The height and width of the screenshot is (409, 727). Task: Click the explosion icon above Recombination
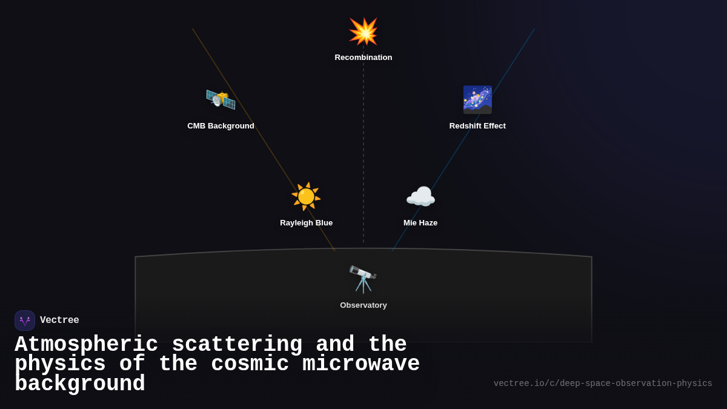point(363,32)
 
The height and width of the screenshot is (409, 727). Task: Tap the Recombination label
point(363,58)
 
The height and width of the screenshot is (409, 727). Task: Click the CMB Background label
point(221,126)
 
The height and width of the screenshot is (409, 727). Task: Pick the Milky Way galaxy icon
point(477,99)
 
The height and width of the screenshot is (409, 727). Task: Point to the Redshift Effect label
point(477,126)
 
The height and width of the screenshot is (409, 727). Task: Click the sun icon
point(306,196)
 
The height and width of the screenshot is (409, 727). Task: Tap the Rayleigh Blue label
point(306,223)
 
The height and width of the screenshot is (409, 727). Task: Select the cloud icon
point(420,196)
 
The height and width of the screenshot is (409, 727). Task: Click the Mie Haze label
point(420,223)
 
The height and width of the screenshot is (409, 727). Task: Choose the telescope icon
point(363,279)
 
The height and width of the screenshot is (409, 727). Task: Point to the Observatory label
point(363,305)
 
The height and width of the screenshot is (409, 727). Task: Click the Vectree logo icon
point(25,321)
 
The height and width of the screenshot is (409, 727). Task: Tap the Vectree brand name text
point(59,321)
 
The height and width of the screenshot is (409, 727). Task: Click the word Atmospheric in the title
point(86,345)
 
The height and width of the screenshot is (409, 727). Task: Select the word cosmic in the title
point(250,364)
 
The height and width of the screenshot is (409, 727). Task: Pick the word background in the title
point(79,384)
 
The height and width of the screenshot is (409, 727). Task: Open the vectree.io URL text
point(603,384)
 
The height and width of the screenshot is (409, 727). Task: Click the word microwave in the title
point(361,364)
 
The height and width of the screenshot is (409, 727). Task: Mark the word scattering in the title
point(237,345)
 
